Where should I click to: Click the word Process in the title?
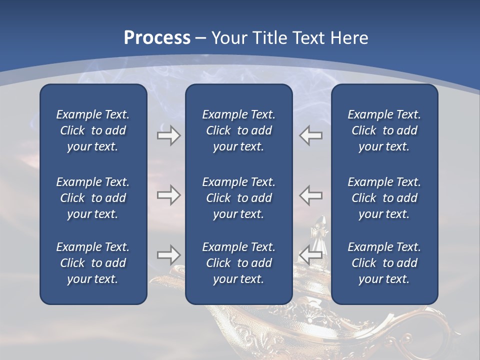(x=157, y=38)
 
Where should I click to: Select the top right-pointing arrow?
(x=168, y=135)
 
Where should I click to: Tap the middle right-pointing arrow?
(x=168, y=195)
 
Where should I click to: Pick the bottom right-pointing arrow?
(x=168, y=255)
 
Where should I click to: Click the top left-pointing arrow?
(x=311, y=135)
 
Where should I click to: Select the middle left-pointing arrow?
(x=311, y=195)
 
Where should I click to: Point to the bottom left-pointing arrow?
(x=311, y=255)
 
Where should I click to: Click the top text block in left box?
(x=93, y=130)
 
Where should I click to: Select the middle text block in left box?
(x=93, y=198)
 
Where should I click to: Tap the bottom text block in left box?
(x=93, y=263)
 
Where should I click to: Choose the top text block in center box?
(x=238, y=130)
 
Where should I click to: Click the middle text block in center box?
(x=238, y=198)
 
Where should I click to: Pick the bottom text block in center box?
(x=238, y=263)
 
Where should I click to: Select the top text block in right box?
(x=384, y=130)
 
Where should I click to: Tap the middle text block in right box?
(x=384, y=198)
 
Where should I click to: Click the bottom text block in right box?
(x=384, y=263)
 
